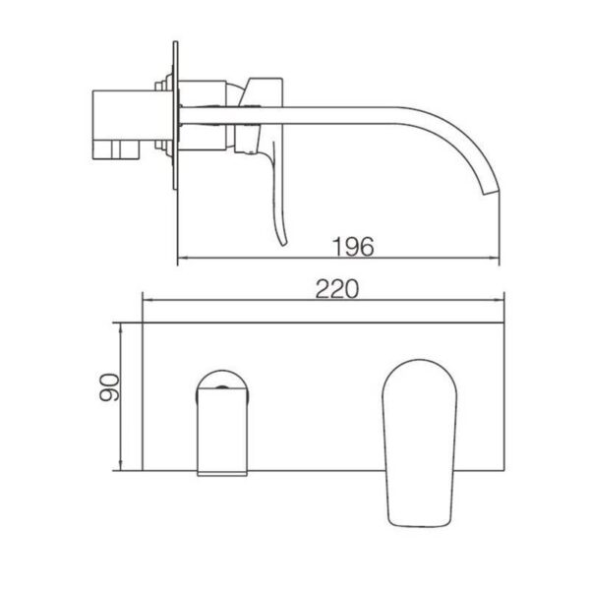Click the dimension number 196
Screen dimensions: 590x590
tap(351, 247)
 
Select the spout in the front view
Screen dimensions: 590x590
tap(221, 423)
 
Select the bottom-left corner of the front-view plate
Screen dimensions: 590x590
tap(143, 470)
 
